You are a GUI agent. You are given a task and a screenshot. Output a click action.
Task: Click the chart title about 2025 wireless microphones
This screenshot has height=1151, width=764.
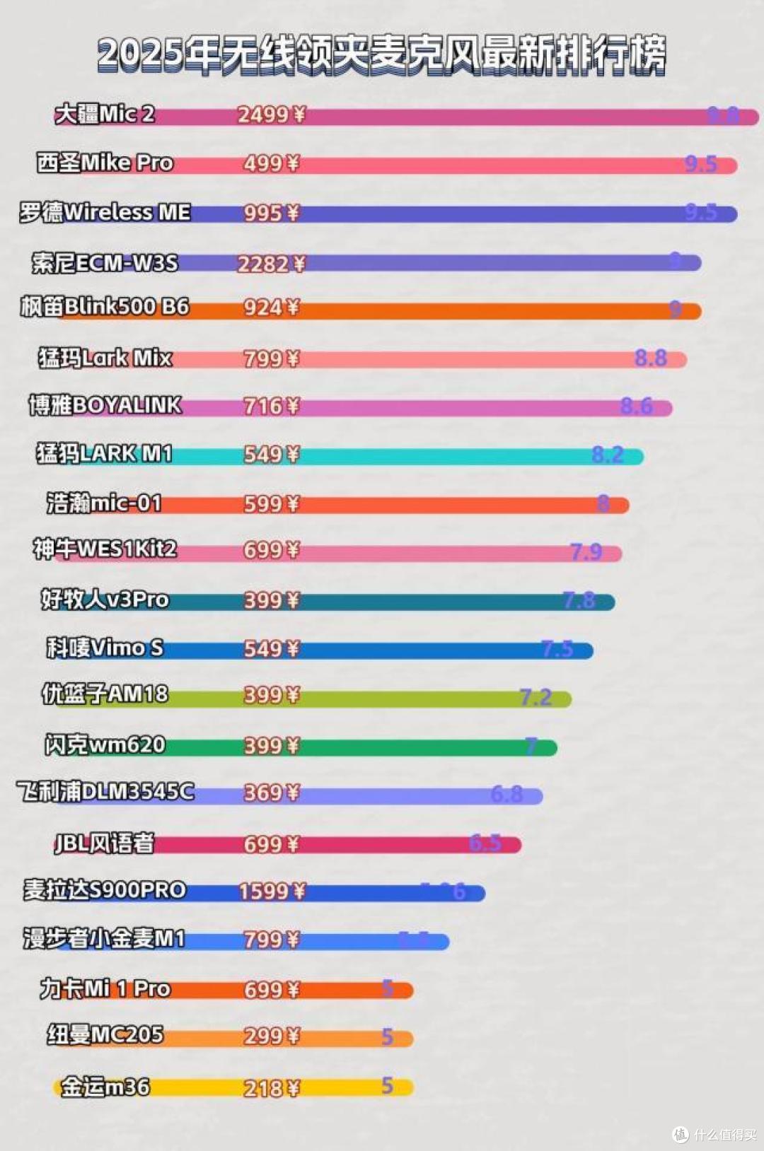382,55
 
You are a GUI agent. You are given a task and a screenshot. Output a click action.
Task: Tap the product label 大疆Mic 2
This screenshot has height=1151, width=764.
105,114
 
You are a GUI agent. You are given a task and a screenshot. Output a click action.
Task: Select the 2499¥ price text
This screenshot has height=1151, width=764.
271,115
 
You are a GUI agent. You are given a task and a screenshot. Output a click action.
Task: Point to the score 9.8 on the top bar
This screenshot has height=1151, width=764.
723,115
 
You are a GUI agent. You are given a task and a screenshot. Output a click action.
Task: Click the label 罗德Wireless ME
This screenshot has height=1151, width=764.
105,212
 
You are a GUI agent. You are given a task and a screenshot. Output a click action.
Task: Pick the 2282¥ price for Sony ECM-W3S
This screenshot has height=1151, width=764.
271,264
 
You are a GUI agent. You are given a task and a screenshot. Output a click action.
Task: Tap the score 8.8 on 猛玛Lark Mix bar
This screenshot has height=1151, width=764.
650,358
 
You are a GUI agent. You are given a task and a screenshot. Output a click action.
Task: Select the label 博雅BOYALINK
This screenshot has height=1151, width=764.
105,405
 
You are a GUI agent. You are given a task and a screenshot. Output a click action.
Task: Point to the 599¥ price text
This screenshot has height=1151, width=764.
271,503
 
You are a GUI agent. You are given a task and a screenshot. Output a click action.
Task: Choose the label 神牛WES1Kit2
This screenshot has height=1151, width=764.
105,549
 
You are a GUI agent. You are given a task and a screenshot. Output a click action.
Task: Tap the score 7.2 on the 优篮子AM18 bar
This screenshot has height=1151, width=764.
536,698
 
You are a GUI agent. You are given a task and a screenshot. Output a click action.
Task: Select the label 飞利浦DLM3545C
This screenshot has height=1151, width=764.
105,791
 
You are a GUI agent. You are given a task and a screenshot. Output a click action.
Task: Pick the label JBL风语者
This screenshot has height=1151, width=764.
105,843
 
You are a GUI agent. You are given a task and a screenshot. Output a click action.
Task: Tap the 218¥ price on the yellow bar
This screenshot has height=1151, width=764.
271,1088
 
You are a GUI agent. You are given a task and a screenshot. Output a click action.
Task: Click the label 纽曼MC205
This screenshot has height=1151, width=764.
105,1034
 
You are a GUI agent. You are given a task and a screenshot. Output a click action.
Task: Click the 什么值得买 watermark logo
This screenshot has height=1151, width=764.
714,1134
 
